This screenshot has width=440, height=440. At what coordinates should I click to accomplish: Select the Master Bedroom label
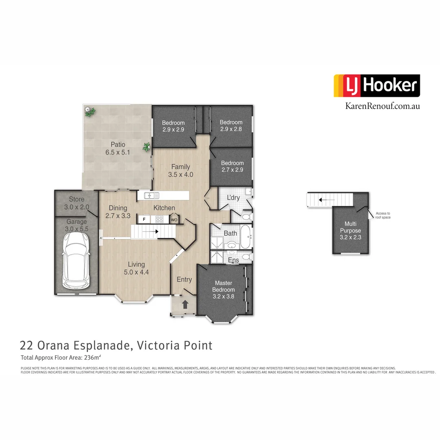coord(223,290)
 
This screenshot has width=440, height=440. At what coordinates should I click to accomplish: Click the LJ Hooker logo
coord(376,86)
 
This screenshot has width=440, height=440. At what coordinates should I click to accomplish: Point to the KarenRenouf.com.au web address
coord(382,106)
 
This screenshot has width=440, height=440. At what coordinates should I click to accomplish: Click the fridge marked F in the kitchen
coord(144,219)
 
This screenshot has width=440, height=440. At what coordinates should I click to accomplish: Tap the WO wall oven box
coord(174,220)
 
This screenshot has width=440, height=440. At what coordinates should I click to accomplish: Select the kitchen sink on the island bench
coord(149,196)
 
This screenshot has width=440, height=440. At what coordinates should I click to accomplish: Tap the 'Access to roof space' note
coord(383,215)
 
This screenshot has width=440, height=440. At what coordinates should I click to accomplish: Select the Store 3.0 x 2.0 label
coord(76,203)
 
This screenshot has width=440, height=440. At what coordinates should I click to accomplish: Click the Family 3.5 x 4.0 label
coord(180,170)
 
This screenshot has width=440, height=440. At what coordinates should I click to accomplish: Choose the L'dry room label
coord(233,198)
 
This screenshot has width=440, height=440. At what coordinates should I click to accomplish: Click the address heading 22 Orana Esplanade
coord(116,345)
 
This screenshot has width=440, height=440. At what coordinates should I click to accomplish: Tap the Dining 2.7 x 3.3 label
coord(118,211)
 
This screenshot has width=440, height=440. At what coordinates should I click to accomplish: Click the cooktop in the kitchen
coord(160,219)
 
